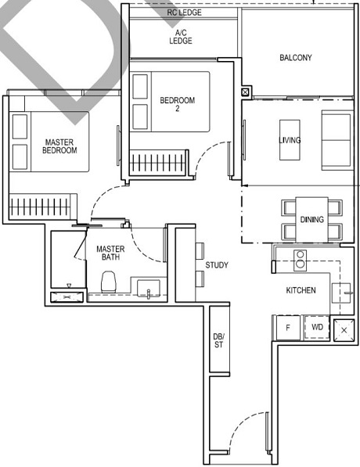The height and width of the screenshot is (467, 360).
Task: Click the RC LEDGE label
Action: [184, 13]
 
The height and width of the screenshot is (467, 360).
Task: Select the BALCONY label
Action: [295, 57]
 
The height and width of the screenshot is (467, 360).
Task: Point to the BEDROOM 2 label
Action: [177, 104]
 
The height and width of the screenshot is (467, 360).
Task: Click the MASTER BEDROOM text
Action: [59, 145]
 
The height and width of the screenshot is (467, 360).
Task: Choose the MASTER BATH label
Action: [110, 253]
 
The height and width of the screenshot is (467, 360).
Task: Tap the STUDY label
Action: [217, 265]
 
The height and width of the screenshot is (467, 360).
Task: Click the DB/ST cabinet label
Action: [218, 342]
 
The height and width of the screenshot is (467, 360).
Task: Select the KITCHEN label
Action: [301, 290]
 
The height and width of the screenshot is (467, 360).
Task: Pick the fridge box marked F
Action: [286, 327]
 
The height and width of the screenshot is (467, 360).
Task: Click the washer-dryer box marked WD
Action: [317, 327]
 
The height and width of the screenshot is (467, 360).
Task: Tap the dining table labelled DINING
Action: [311, 219]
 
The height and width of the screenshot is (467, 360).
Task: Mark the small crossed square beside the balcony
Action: [246, 92]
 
